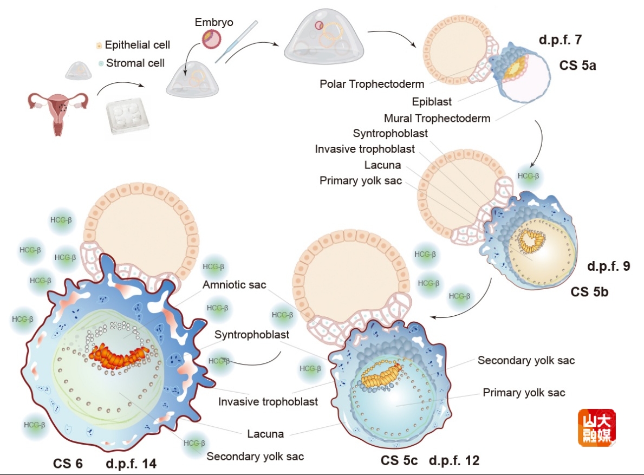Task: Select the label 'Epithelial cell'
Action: pyautogui.click(x=137, y=45)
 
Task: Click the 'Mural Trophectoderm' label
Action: pyautogui.click(x=437, y=118)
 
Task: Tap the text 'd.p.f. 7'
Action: pyautogui.click(x=561, y=39)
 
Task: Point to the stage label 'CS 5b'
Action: pyautogui.click(x=589, y=292)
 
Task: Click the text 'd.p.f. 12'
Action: pyautogui.click(x=454, y=461)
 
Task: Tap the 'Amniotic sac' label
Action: pyautogui.click(x=235, y=284)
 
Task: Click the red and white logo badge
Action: pyautogui.click(x=596, y=427)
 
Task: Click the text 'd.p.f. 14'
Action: pyautogui.click(x=132, y=464)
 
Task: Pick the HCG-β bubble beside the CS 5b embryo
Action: pyautogui.click(x=528, y=176)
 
